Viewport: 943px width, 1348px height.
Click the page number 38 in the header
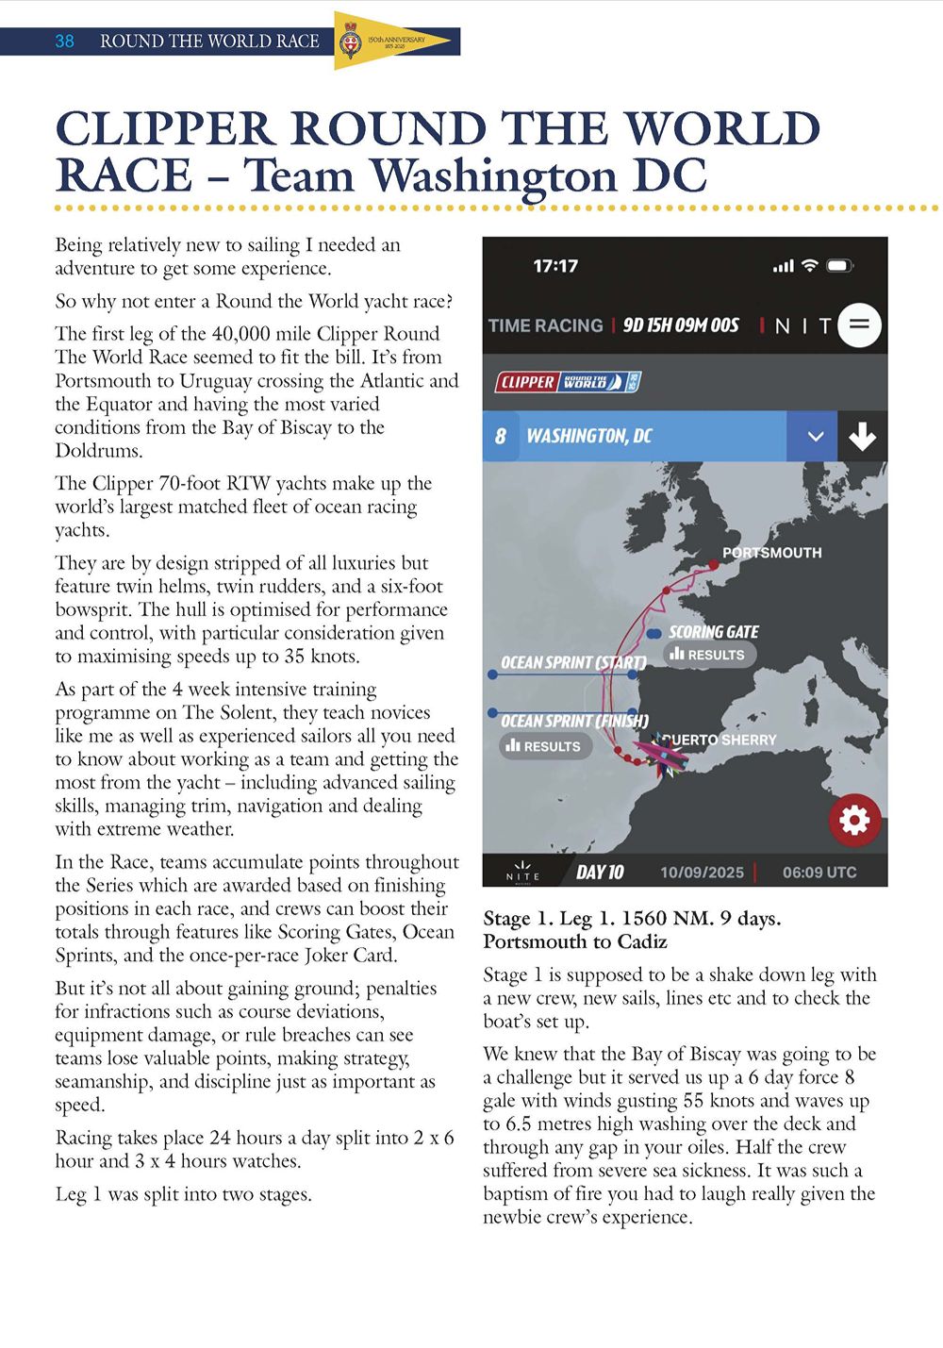coord(64,41)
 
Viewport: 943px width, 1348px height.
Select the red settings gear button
coord(854,820)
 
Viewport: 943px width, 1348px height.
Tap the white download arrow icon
coord(862,437)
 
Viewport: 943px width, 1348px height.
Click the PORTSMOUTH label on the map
coord(771,553)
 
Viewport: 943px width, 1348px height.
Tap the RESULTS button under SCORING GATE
coord(709,655)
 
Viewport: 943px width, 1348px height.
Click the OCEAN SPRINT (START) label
coord(573,663)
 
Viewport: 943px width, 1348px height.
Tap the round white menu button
coord(859,325)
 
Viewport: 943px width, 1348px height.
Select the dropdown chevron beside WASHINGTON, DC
coord(816,437)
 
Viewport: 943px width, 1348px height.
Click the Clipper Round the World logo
coord(568,382)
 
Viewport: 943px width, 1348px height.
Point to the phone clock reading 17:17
coord(555,266)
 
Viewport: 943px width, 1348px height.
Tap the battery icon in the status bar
coord(839,266)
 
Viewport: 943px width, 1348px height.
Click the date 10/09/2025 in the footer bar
coord(702,873)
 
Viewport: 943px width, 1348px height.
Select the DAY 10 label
coord(600,873)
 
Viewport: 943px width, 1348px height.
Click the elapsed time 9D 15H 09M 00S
coord(681,325)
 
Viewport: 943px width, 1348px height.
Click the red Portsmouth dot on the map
coord(714,565)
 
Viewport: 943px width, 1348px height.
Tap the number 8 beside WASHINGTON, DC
coord(501,437)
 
